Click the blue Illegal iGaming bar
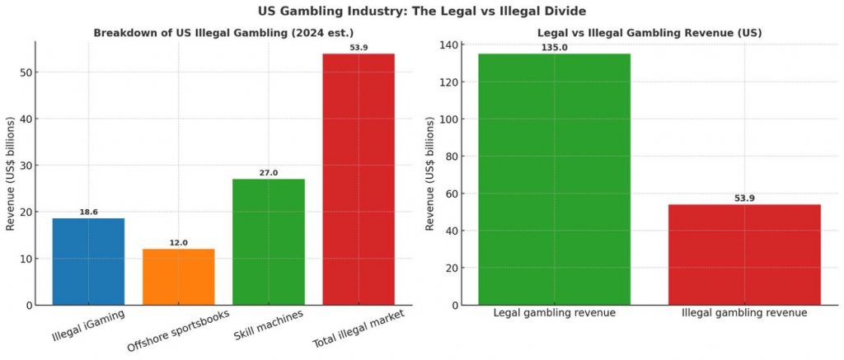coord(88,261)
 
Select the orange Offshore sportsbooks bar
coord(178,277)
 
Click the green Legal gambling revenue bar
coord(554,179)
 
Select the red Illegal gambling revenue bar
coord(744,255)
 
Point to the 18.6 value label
coord(88,212)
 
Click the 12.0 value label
coord(178,242)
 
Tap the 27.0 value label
coord(269,173)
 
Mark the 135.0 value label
coord(554,48)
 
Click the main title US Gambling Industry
coord(421,11)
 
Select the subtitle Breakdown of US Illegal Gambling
coord(223,33)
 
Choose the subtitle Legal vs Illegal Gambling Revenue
coord(649,33)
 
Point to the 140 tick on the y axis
coord(448,44)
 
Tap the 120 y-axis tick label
coord(448,82)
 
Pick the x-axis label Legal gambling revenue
coord(554,313)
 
